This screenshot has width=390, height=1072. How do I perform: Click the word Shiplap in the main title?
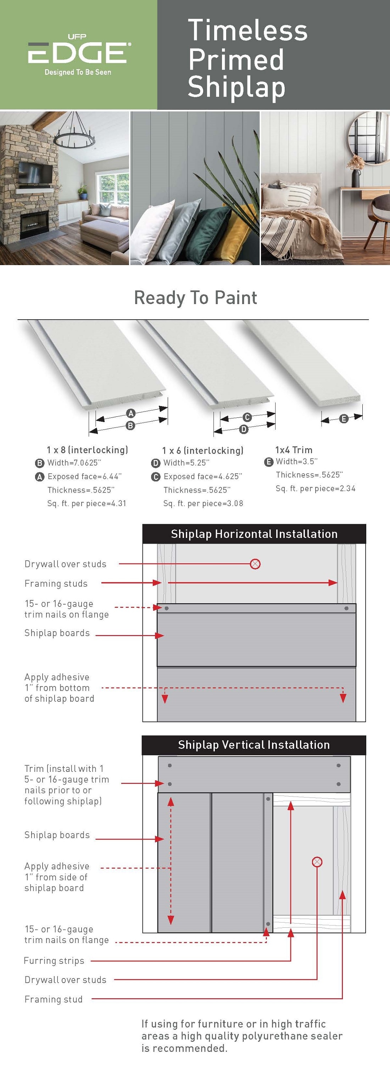coord(236,88)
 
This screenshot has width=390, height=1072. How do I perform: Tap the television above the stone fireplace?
coord(35,173)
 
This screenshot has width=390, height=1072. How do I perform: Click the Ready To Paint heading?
coord(195,298)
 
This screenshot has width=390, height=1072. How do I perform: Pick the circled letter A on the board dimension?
coord(131,413)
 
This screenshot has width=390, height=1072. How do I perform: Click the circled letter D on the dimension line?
coord(244,429)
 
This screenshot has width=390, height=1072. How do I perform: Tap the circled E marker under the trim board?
coord(344,419)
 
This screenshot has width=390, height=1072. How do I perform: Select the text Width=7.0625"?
coord(74,463)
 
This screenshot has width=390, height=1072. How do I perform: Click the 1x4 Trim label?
coord(294,450)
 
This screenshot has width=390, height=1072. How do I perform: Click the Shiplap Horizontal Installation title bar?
coord(254,534)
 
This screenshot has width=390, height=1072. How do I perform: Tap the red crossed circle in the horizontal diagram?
coord(255,564)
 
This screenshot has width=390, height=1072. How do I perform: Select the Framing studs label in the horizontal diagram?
coord(56,583)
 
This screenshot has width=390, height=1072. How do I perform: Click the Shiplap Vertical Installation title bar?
coord(254,745)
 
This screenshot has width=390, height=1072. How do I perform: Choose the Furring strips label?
coord(54,961)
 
